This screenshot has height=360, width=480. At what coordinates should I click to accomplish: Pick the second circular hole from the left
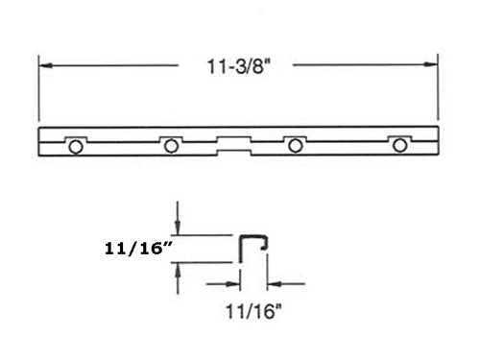171,145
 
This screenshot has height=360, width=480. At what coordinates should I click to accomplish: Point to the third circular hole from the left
295,145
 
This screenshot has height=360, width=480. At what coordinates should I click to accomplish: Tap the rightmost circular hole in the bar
398,145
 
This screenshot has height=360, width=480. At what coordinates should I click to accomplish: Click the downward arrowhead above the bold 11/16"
177,227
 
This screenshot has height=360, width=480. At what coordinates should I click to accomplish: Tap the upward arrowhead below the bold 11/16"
177,270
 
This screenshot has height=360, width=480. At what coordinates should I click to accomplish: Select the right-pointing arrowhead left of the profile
233,283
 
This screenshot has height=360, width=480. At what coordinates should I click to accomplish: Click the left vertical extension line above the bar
39,91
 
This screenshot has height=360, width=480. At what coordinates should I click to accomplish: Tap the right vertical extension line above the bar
439,91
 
